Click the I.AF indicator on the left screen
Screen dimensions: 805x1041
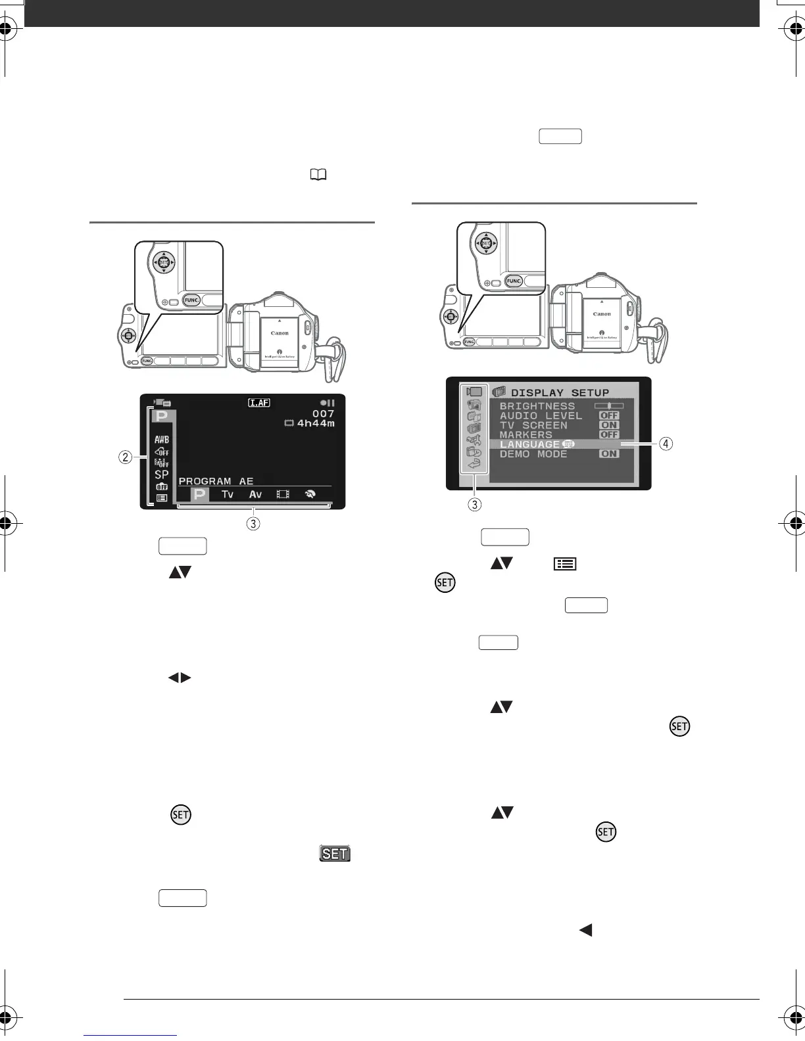(259, 403)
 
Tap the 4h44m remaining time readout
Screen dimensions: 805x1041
(316, 423)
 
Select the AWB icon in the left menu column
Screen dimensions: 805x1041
(162, 439)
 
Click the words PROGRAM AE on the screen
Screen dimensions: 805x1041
(216, 481)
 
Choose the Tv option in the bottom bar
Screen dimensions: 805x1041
(228, 494)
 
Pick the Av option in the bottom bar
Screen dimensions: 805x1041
(255, 494)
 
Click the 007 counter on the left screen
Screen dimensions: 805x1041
(323, 413)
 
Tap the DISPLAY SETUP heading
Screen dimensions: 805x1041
(560, 392)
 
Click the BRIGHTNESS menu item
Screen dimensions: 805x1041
(537, 406)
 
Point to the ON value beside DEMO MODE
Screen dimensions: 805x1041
(609, 453)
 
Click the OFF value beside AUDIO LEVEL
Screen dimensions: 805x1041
(609, 415)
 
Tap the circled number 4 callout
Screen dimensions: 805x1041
(666, 444)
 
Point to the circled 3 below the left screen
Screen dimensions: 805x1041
(253, 524)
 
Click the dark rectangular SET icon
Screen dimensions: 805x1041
(335, 853)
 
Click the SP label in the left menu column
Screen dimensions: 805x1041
(162, 474)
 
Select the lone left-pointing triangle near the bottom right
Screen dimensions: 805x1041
(585, 930)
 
